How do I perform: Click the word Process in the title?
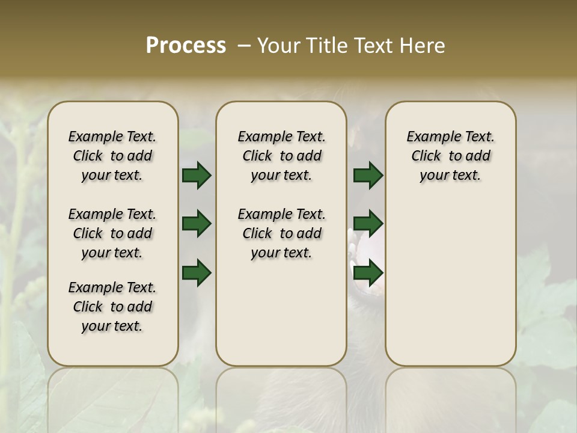(x=186, y=46)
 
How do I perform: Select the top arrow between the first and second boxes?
(x=197, y=176)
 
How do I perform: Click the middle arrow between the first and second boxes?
(x=197, y=224)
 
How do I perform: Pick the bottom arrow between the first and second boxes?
(x=197, y=272)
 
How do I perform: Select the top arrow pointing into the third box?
(x=368, y=176)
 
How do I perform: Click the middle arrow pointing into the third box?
(x=368, y=224)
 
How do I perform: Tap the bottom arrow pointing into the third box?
(x=368, y=272)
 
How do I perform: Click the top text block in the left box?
(x=112, y=156)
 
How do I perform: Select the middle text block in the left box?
(x=112, y=233)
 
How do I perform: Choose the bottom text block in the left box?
(x=112, y=307)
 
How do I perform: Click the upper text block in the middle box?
(x=281, y=156)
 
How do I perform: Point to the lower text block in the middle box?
(x=281, y=233)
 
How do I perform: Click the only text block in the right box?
(x=450, y=156)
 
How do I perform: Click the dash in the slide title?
(x=244, y=46)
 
